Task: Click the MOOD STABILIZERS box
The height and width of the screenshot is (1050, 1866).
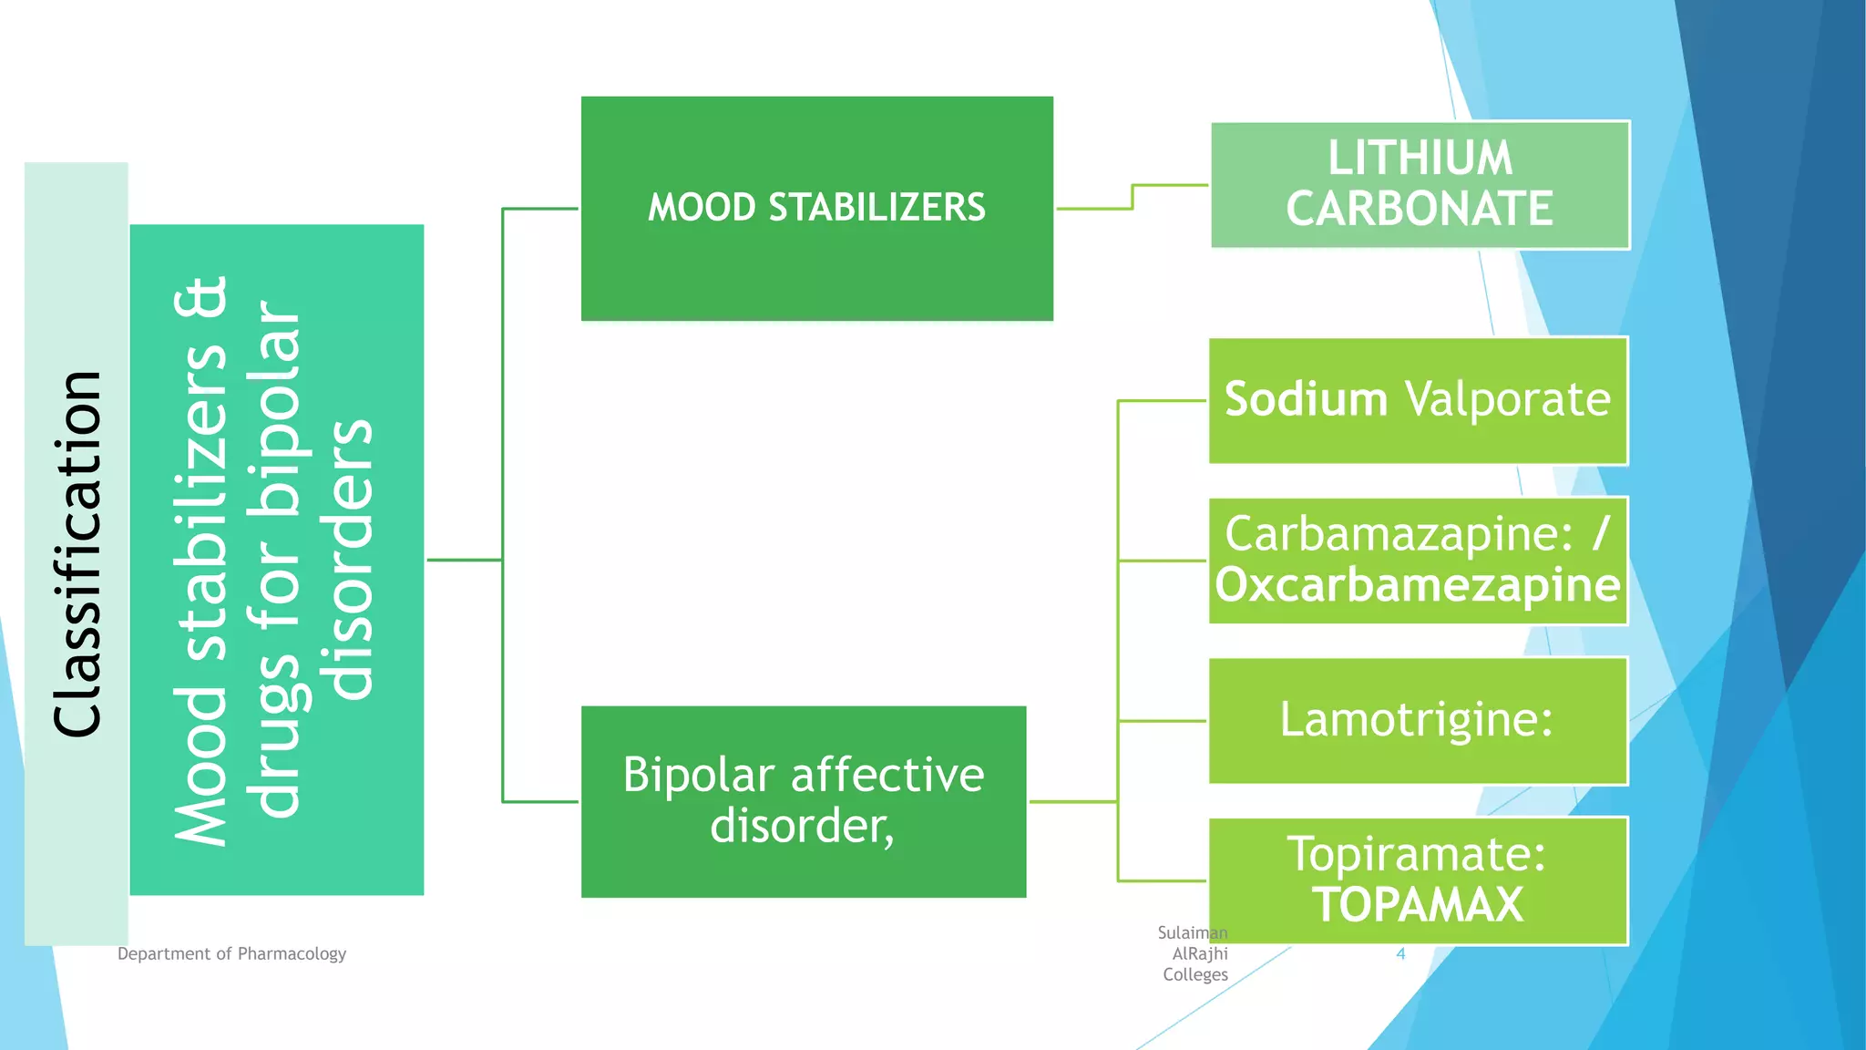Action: [x=816, y=209]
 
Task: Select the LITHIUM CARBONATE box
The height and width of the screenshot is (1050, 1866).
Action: [x=1420, y=184]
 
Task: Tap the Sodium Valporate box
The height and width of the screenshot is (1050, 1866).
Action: [x=1418, y=401]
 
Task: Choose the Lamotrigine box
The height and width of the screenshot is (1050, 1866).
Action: [x=1418, y=720]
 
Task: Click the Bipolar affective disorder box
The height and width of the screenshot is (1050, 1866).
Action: [x=804, y=801]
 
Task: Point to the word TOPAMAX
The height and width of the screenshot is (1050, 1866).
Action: [x=1418, y=905]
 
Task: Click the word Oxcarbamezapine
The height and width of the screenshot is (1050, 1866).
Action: [x=1418, y=585]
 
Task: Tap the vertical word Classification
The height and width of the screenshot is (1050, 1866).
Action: [x=77, y=554]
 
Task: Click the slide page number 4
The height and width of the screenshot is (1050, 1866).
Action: [x=1400, y=954]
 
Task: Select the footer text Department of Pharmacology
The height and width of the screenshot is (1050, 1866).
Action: [x=231, y=954]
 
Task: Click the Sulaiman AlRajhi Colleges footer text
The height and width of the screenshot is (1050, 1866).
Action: [x=1194, y=953]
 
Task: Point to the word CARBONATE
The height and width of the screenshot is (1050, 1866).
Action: [x=1420, y=210]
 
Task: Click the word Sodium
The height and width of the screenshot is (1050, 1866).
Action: [x=1306, y=399]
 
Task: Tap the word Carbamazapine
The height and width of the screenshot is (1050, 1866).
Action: [x=1398, y=534]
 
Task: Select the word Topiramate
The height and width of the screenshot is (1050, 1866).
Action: [x=1416, y=854]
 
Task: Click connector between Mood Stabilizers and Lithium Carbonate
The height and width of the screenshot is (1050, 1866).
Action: [x=1133, y=196]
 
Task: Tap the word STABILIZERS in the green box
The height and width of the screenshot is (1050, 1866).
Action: [x=877, y=208]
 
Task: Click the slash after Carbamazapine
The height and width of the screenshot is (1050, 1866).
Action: [x=1601, y=533]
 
